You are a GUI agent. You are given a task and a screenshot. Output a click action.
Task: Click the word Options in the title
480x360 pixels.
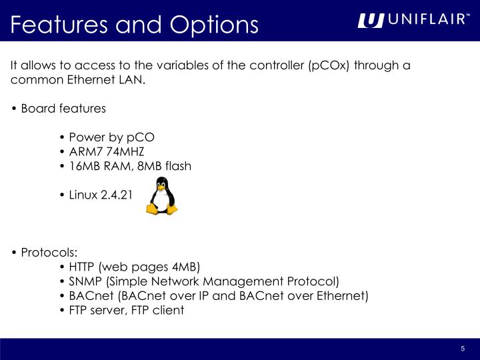point(213,24)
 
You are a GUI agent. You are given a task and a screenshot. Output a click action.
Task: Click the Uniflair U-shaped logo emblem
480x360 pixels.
point(371,21)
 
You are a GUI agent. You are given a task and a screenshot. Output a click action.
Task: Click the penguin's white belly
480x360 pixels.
point(163,201)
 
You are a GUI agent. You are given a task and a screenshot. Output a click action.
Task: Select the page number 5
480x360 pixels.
point(462,350)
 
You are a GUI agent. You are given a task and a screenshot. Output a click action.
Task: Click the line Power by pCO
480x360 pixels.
point(111,137)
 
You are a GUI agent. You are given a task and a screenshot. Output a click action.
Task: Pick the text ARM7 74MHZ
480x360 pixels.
point(106,151)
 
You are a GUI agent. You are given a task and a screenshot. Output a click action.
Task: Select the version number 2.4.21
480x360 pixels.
point(117,195)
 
